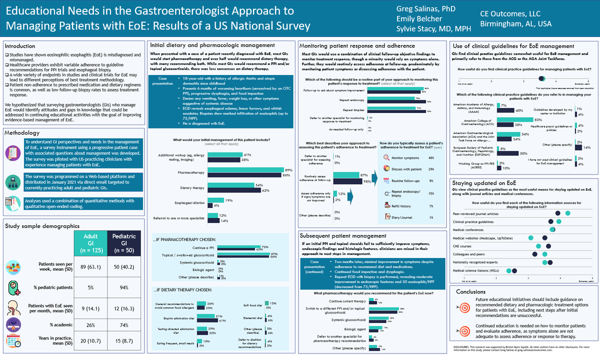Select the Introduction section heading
pyautogui.click(x=21, y=45)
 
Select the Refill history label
pyautogui.click(x=401, y=206)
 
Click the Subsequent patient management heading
pyautogui.click(x=343, y=235)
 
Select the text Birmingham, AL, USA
pyautogui.click(x=516, y=23)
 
